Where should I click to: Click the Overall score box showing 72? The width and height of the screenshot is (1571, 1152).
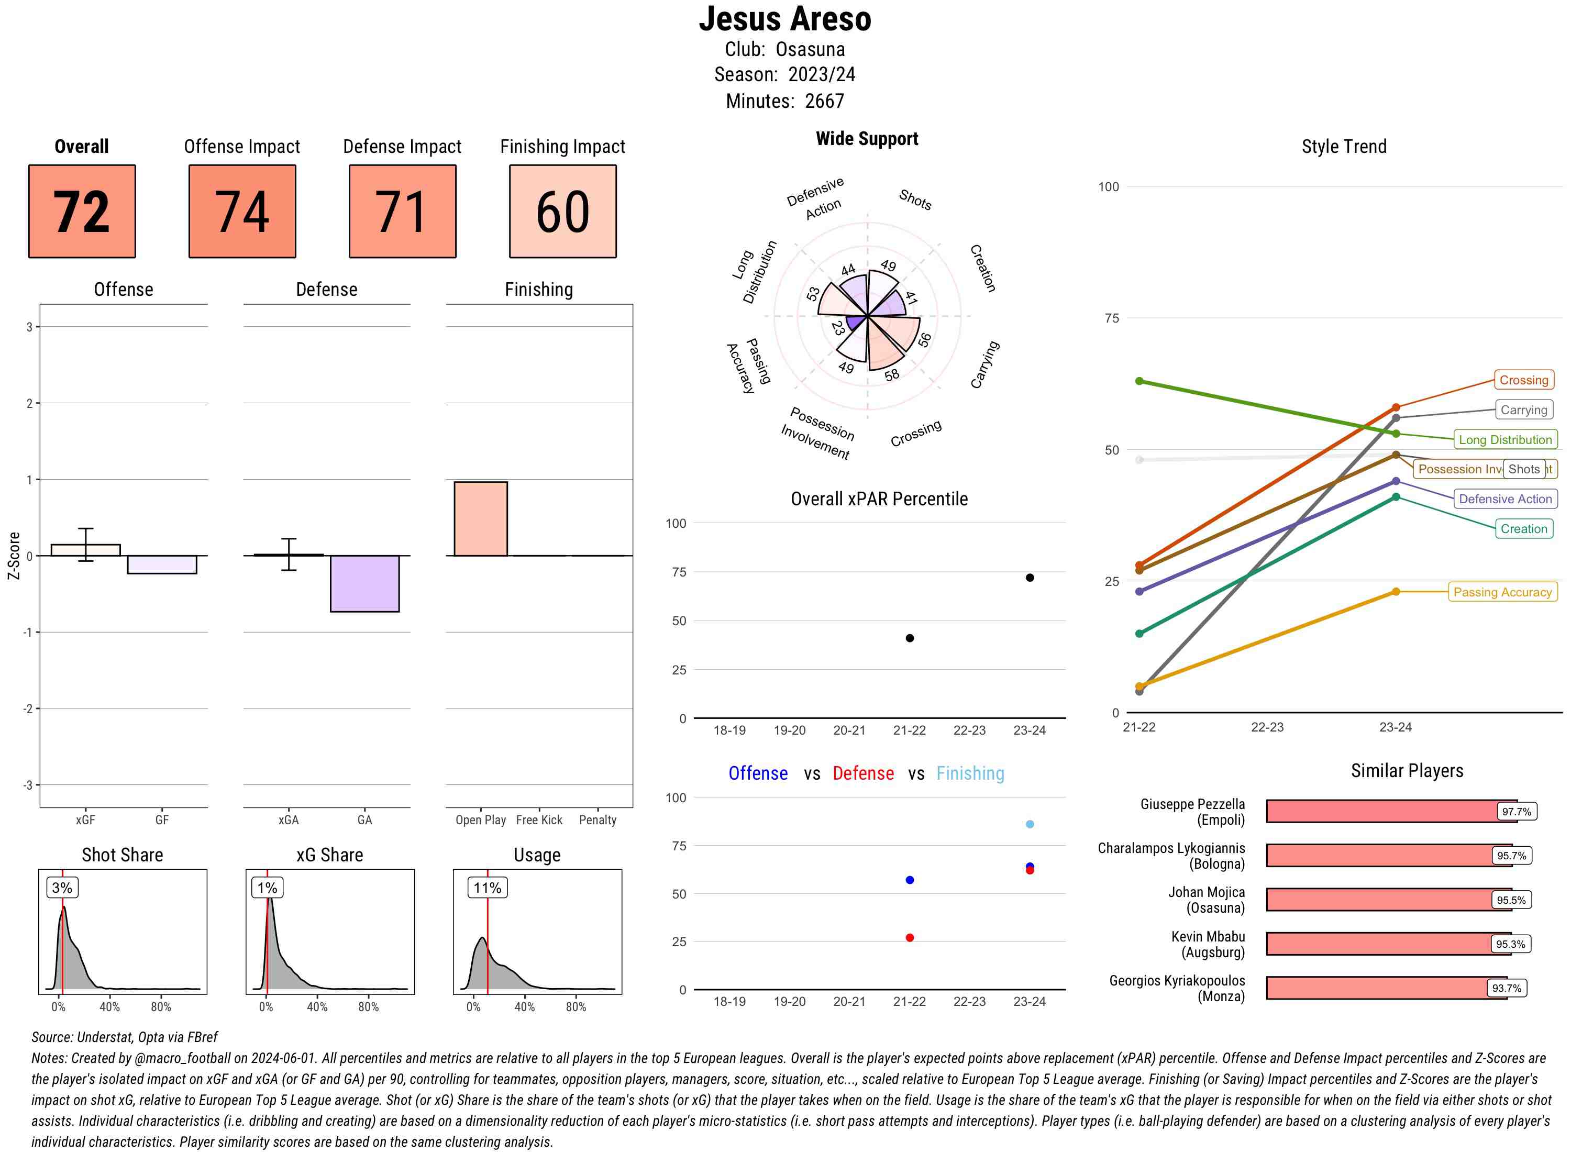[82, 212]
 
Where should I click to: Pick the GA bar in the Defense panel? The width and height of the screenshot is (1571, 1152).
[364, 584]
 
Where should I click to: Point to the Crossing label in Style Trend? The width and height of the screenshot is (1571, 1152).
[1523, 380]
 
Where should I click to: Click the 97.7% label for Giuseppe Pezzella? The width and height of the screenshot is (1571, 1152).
[1516, 812]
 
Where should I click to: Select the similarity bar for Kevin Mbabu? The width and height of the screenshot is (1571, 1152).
[1388, 944]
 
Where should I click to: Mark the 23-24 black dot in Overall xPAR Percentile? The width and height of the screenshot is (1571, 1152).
[1029, 578]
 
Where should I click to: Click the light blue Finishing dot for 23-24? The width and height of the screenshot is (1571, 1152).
[1029, 824]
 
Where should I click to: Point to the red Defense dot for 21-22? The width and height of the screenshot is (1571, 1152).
[909, 938]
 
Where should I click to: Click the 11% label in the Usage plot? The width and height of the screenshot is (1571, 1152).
[486, 888]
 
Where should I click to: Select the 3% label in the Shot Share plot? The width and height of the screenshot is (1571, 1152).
[62, 888]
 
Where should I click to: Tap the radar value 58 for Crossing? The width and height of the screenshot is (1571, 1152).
[892, 375]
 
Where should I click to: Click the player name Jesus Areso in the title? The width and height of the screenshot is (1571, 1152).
[784, 19]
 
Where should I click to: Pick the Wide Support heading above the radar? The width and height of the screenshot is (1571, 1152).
[866, 139]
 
